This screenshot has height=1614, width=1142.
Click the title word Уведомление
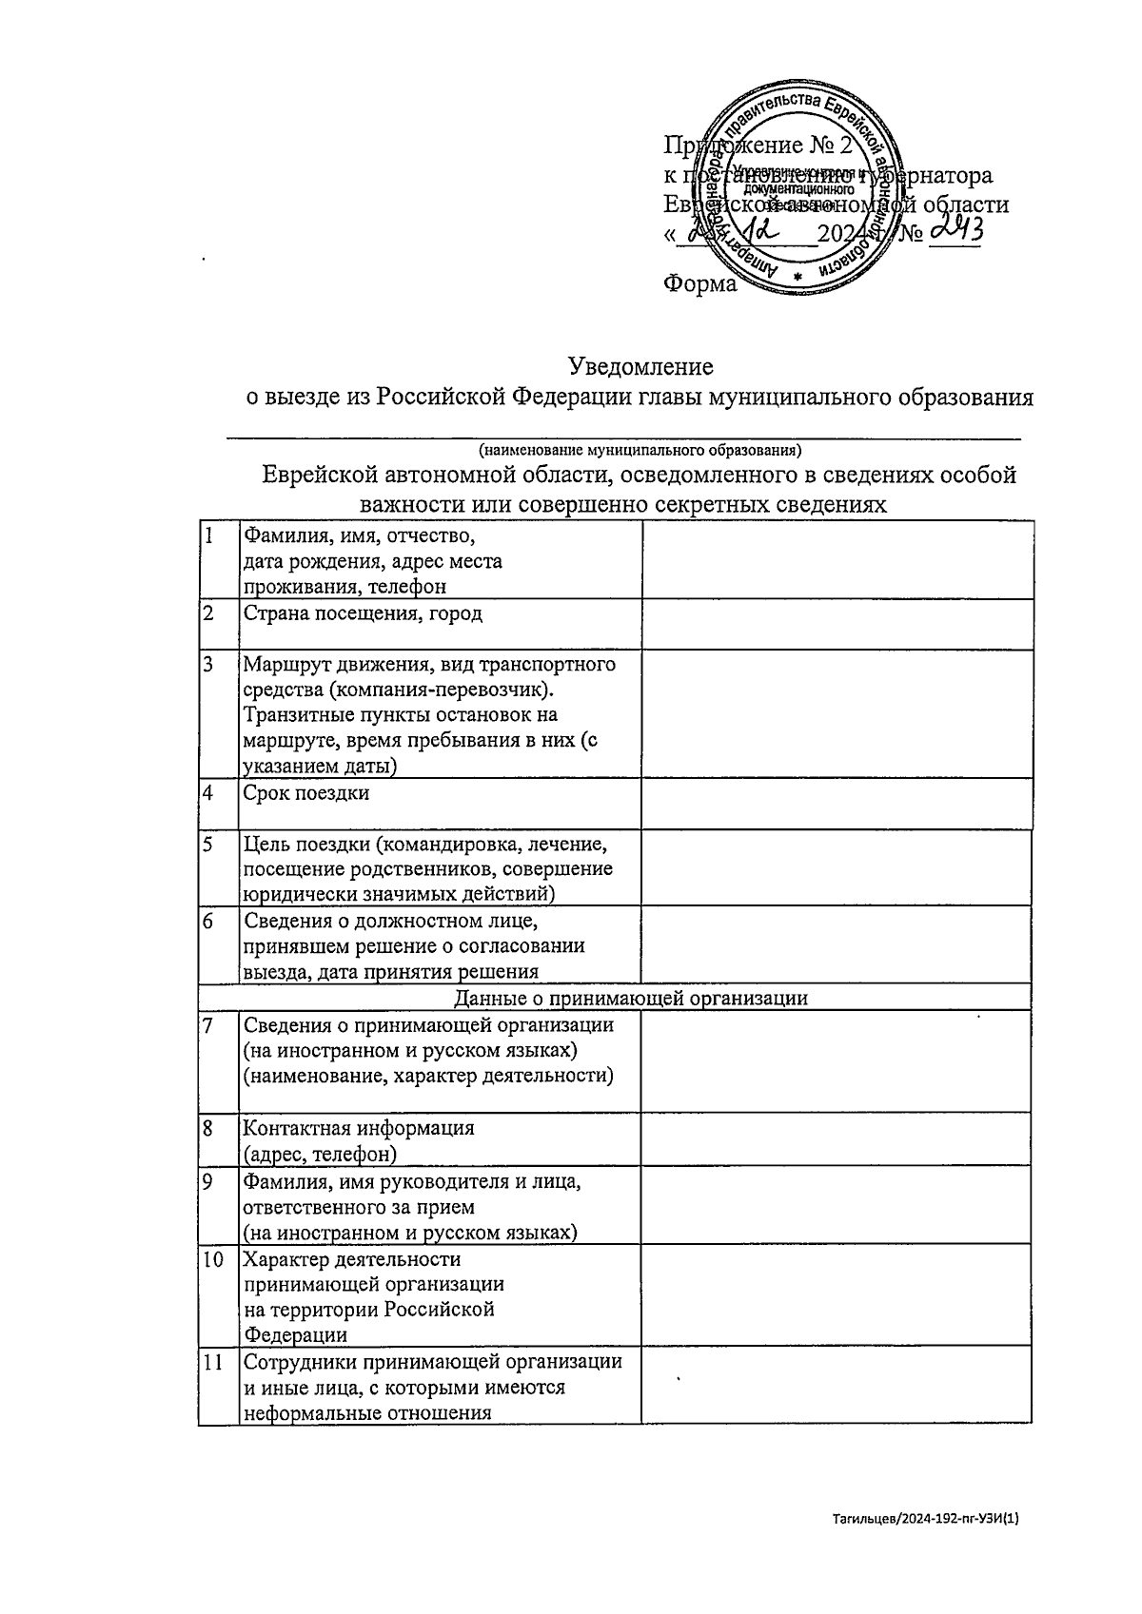[640, 366]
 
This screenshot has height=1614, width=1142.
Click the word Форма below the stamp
[699, 283]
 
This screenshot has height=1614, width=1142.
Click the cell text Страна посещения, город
[363, 613]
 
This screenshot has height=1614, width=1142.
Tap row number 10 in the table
[213, 1259]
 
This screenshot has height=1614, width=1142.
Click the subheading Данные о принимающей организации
[631, 998]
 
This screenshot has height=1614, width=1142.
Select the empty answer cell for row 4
[837, 803]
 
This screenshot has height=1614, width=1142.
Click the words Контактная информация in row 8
[359, 1129]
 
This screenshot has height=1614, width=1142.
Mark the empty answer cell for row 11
[837, 1384]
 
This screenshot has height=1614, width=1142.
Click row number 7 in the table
[207, 1025]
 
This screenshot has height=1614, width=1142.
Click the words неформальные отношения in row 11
[367, 1412]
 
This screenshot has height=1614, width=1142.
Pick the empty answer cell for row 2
[837, 624]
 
